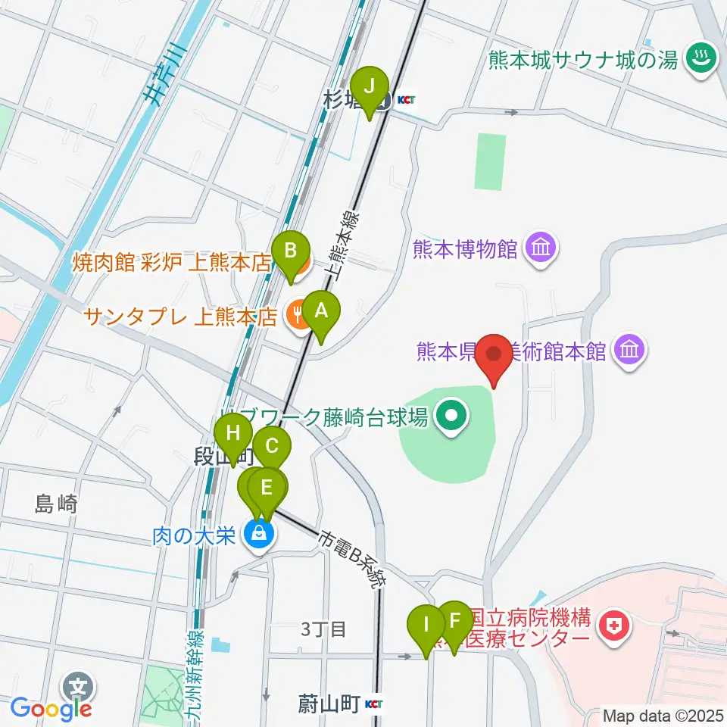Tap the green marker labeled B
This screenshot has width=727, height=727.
pyautogui.click(x=290, y=252)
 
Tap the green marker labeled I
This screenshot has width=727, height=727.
pyautogui.click(x=426, y=627)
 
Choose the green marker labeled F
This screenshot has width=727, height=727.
pyautogui.click(x=454, y=621)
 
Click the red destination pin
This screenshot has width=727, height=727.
pyautogui.click(x=495, y=355)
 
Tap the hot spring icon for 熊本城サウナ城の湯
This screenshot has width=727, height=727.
pyautogui.click(x=697, y=58)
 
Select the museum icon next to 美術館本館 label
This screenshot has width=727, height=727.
pyautogui.click(x=630, y=350)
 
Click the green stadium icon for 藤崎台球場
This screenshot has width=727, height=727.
pyautogui.click(x=453, y=416)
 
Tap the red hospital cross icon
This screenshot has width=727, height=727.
pyautogui.click(x=611, y=626)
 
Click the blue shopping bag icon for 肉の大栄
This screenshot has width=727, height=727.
pyautogui.click(x=259, y=535)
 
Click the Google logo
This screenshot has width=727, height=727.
pyautogui.click(x=50, y=709)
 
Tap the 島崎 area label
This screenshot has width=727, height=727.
pyautogui.click(x=56, y=504)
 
